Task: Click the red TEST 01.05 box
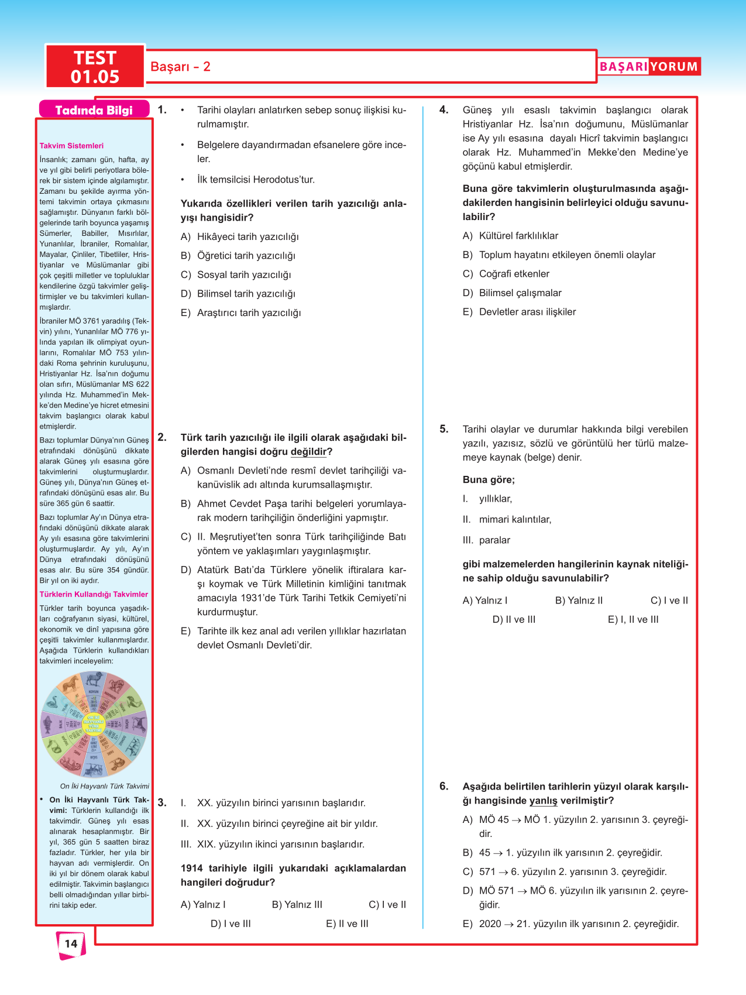[95, 67]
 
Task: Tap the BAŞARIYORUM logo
[648, 67]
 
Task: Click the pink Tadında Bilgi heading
[94, 110]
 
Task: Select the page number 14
[71, 943]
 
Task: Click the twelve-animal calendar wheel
[94, 725]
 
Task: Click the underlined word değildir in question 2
[308, 452]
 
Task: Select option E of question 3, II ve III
[347, 924]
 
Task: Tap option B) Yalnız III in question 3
[297, 905]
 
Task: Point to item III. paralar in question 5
[487, 540]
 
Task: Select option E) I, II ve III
[633, 619]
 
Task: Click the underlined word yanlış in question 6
[543, 801]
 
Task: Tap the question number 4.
[444, 110]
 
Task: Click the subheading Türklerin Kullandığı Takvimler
[94, 595]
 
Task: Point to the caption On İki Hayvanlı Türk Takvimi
[104, 786]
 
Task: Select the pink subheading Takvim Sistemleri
[71, 146]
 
